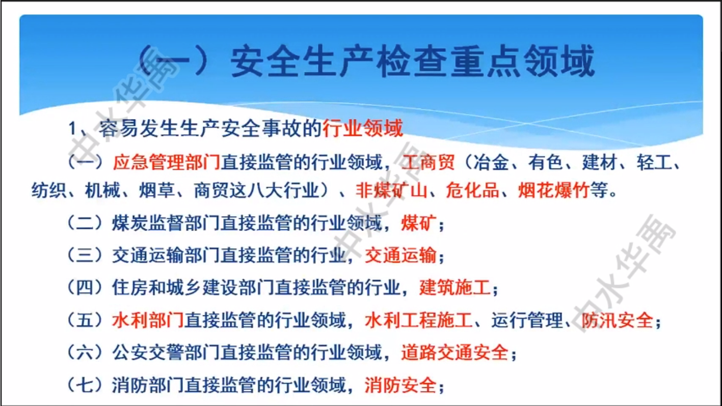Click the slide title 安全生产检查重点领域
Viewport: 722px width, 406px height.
pyautogui.click(x=413, y=61)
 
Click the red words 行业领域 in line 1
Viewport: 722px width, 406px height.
pyautogui.click(x=363, y=128)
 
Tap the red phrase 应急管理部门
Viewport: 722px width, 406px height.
pyautogui.click(x=167, y=162)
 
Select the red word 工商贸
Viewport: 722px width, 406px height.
pyautogui.click(x=428, y=162)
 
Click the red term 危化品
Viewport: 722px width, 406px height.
pyautogui.click(x=472, y=190)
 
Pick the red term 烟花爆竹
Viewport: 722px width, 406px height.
pyautogui.click(x=554, y=190)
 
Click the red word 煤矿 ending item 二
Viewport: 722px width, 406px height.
pyautogui.click(x=419, y=223)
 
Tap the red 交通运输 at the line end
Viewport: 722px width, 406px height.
pyautogui.click(x=400, y=255)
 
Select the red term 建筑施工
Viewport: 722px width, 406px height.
pyautogui.click(x=455, y=287)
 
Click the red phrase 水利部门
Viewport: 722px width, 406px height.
pyautogui.click(x=148, y=321)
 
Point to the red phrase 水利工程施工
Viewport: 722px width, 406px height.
pyautogui.click(x=419, y=321)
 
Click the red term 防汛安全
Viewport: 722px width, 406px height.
pyautogui.click(x=617, y=321)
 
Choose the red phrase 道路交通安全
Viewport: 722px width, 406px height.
pyautogui.click(x=455, y=353)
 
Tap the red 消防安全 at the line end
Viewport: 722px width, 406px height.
pyautogui.click(x=400, y=385)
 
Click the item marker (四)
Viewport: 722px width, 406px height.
pyautogui.click(x=85, y=287)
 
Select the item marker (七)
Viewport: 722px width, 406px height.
pyautogui.click(x=85, y=385)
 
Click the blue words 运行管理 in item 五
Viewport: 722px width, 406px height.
pyautogui.click(x=527, y=321)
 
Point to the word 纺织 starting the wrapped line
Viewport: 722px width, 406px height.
pyautogui.click(x=49, y=190)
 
